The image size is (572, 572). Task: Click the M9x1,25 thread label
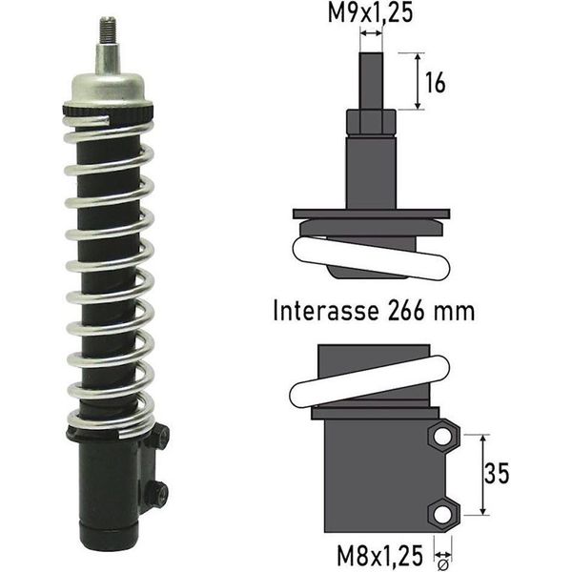(x=370, y=13)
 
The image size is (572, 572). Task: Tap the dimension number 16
(x=436, y=82)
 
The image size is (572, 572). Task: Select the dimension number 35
(x=497, y=474)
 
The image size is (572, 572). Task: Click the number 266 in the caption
(x=406, y=311)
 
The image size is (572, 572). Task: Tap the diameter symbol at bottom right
(x=443, y=565)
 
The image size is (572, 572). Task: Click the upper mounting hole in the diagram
(x=442, y=437)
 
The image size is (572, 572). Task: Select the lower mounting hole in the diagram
(x=442, y=514)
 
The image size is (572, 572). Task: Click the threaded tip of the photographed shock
(x=108, y=30)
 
